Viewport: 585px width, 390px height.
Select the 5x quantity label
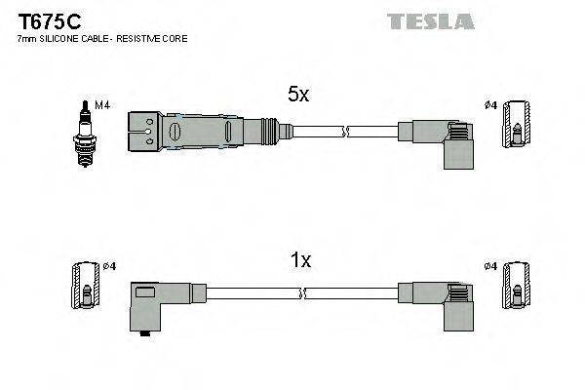298,95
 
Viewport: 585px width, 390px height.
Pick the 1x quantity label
301,260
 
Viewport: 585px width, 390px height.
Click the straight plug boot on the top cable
195,130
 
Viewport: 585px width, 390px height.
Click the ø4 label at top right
489,104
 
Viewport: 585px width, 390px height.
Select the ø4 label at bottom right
489,266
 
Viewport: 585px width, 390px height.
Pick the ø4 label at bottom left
110,266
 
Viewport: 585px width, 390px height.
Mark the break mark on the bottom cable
304,292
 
